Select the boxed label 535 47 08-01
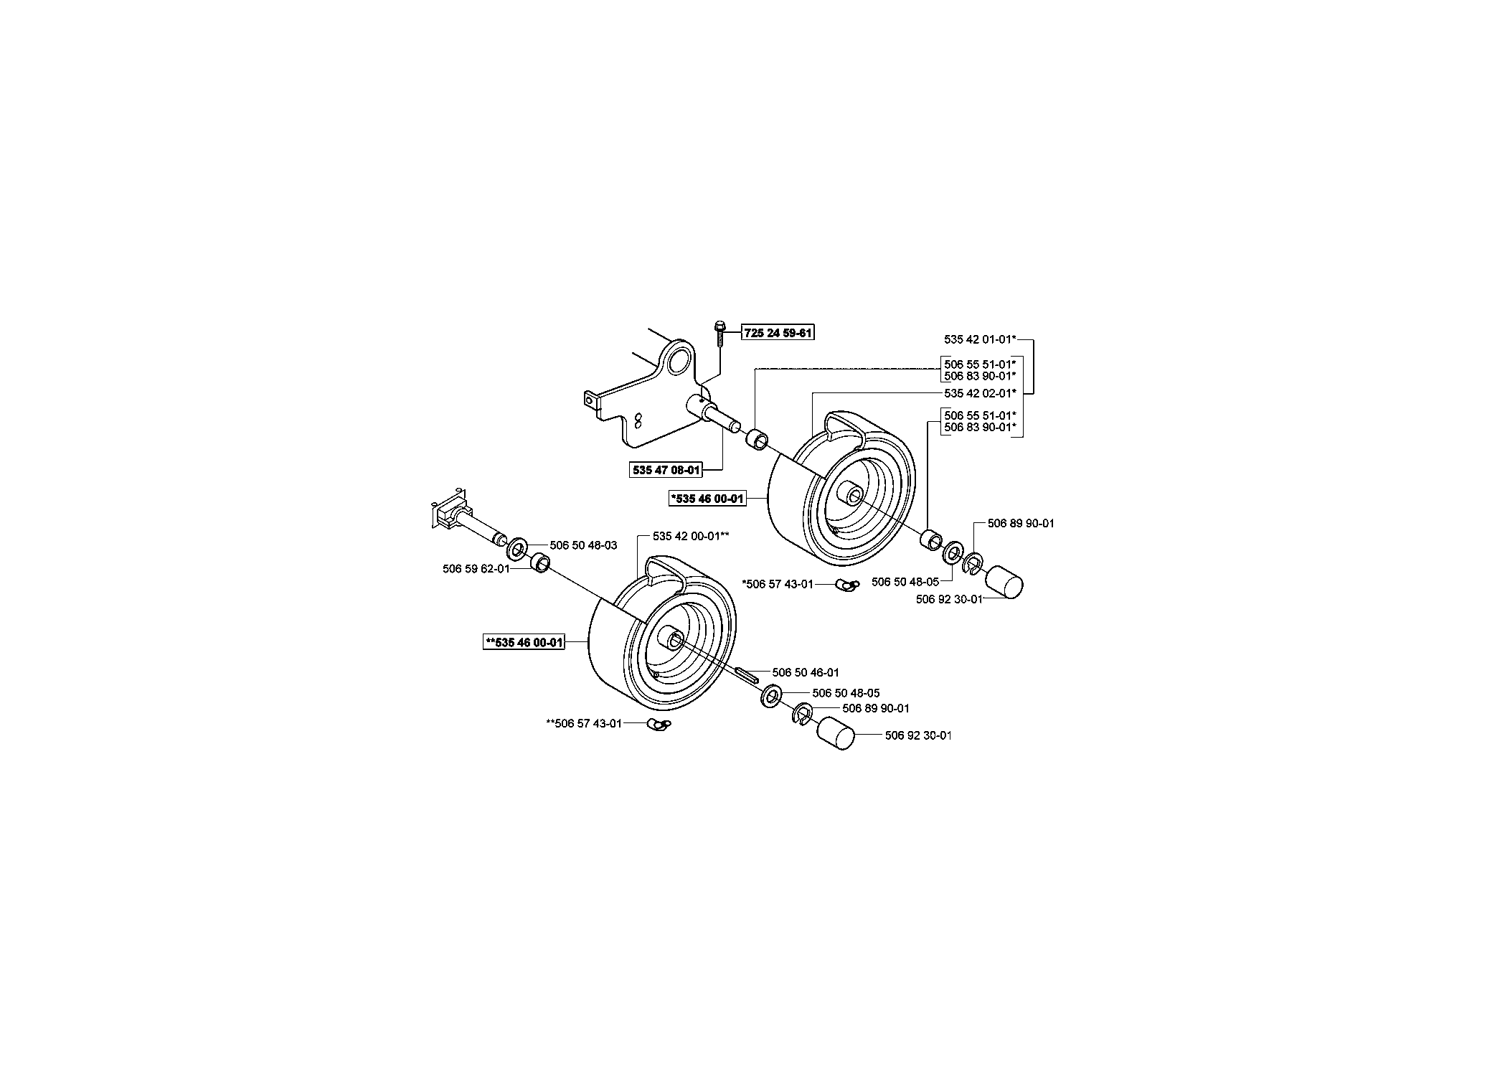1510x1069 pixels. coord(665,471)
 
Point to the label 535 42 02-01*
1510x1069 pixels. coord(981,393)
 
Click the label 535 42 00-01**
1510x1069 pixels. coord(691,536)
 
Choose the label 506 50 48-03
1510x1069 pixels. coord(583,545)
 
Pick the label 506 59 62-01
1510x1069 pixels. coord(476,569)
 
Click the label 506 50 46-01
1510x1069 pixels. coord(806,672)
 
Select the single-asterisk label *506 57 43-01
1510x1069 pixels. coord(778,584)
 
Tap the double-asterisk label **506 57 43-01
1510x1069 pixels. coord(584,724)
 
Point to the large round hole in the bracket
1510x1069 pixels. coord(679,363)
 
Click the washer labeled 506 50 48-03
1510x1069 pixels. coord(517,550)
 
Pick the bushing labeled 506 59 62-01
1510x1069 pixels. coord(539,563)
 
